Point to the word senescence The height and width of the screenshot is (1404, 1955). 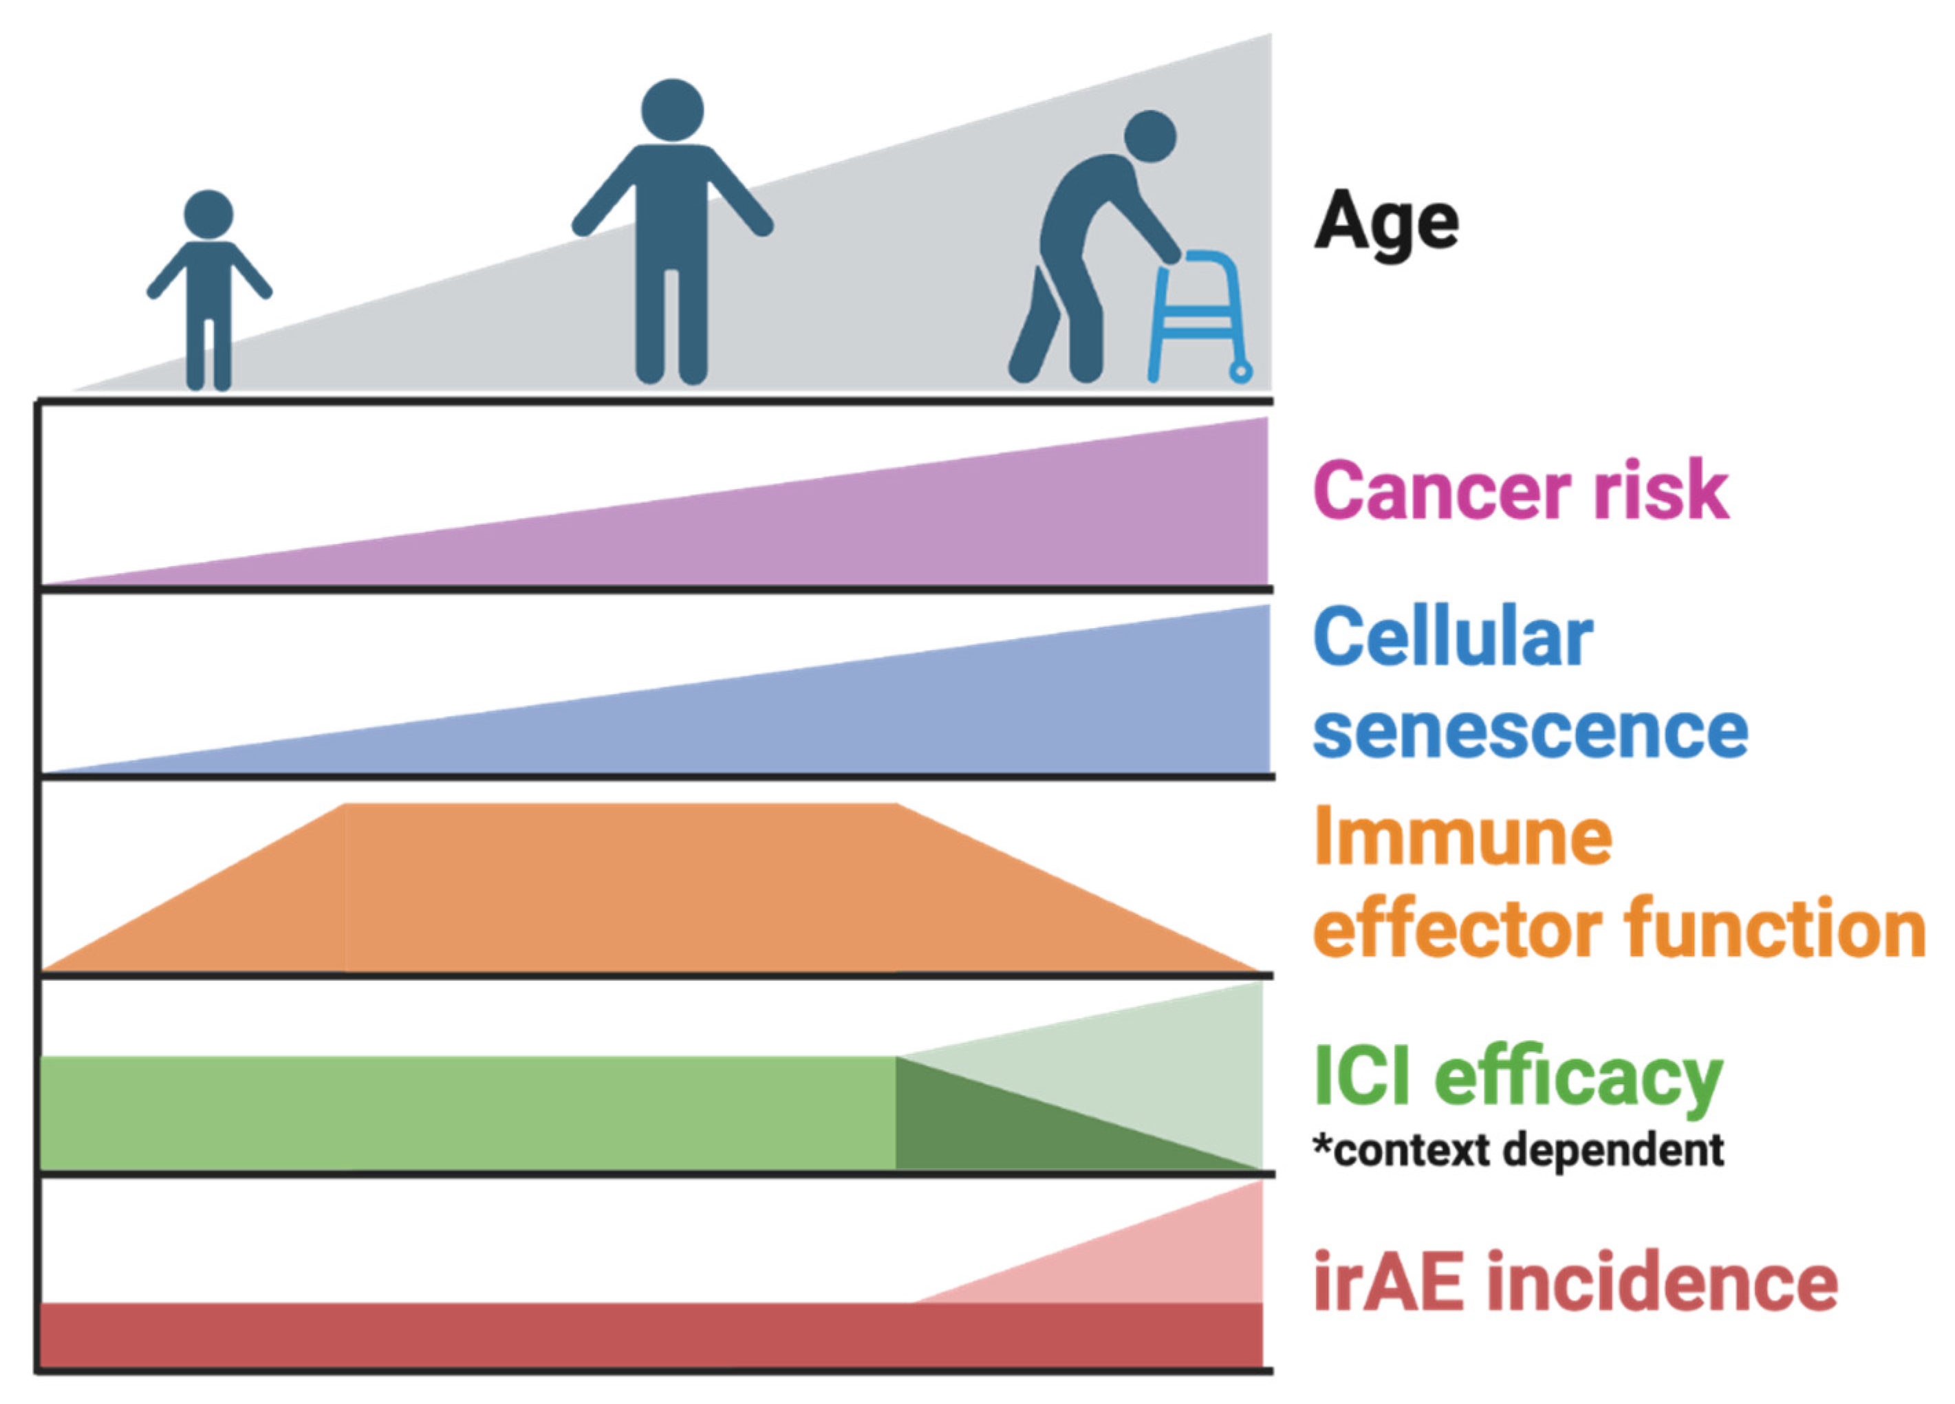coord(1531,732)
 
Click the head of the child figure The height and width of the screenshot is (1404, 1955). coord(208,215)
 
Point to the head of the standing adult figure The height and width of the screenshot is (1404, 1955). coord(672,110)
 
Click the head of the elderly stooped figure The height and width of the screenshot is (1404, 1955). coord(1151,136)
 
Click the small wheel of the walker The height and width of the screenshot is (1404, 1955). coord(1240,372)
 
